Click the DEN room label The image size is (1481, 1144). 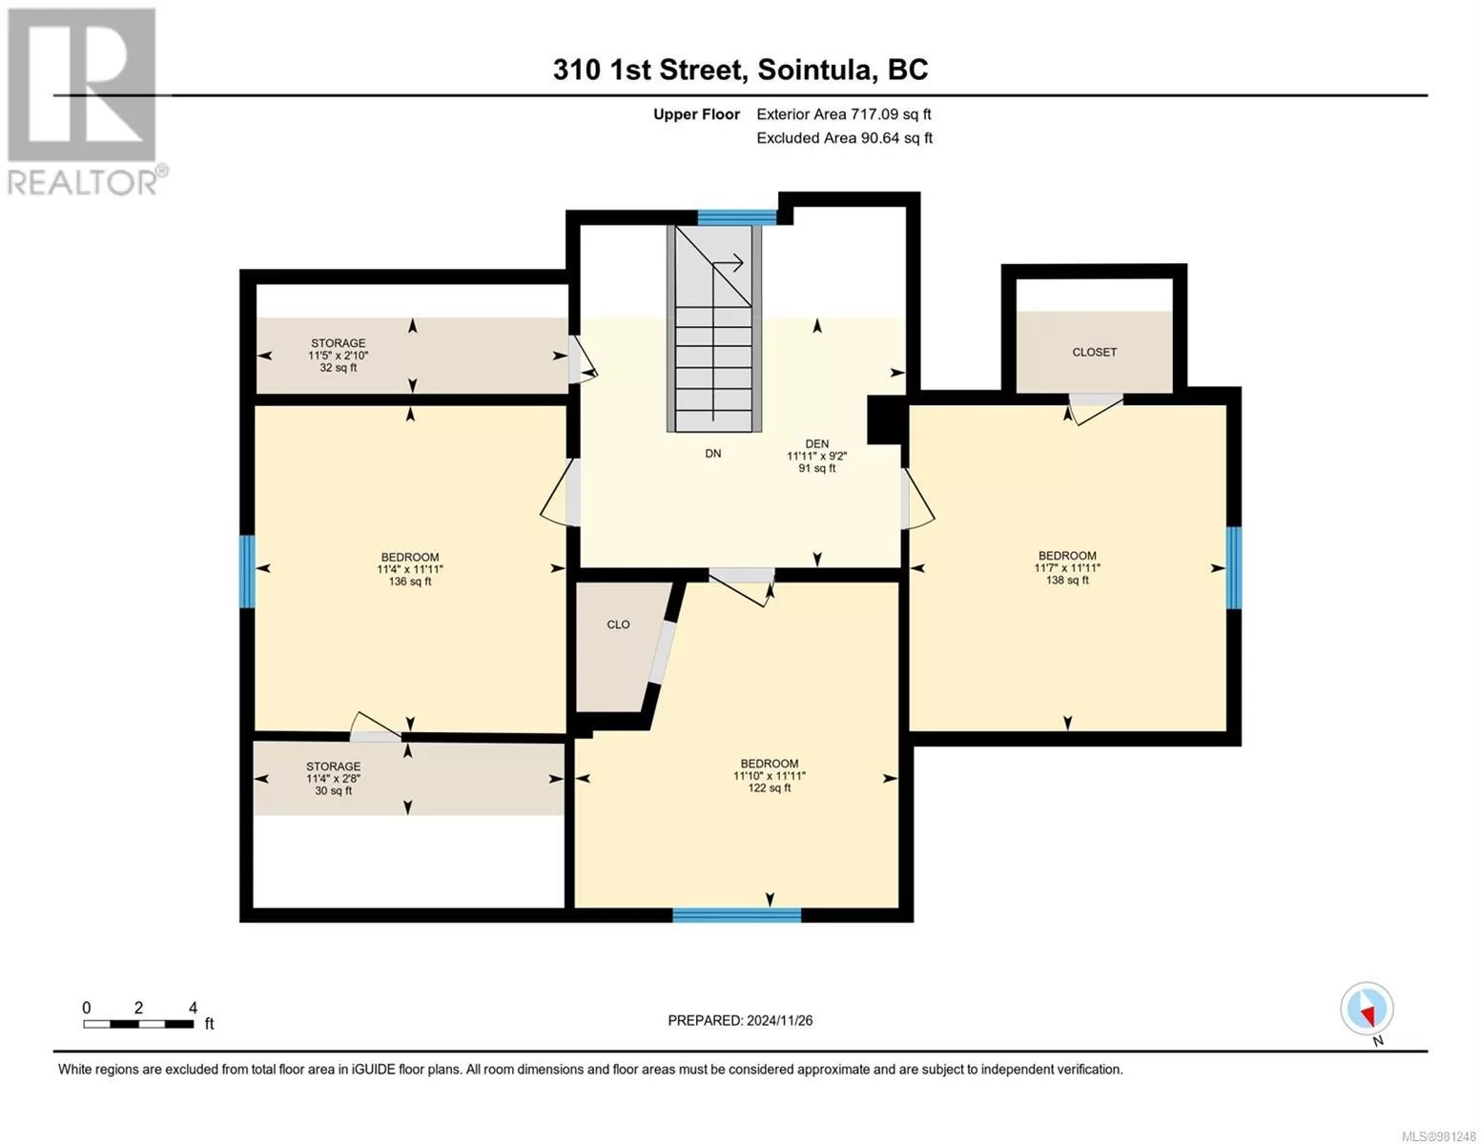816,443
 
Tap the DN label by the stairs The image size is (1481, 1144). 713,454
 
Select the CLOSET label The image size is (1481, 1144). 1094,353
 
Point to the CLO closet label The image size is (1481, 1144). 618,624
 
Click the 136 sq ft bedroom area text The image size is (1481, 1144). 410,582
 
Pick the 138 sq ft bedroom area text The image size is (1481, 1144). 1067,581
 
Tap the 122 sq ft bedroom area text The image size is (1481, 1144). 770,788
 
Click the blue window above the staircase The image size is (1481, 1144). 737,218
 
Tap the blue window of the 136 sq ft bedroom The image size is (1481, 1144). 247,571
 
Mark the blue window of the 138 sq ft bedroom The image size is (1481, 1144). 1234,568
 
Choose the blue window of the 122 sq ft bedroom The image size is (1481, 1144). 737,915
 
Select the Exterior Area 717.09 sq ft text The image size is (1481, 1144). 844,114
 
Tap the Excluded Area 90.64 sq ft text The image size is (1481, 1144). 844,138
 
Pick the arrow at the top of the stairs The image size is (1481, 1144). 728,263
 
